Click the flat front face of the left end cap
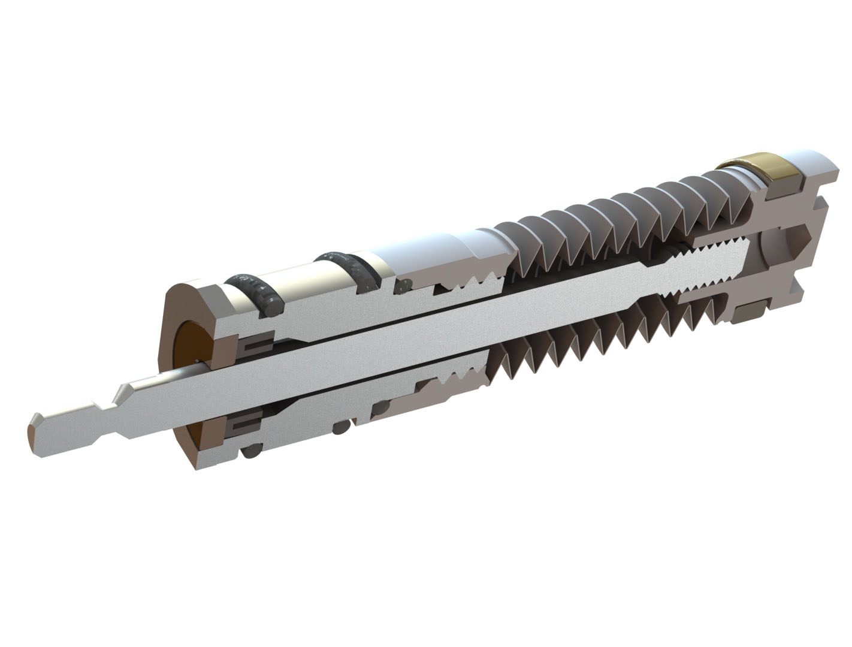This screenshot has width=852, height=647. click(x=180, y=306)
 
